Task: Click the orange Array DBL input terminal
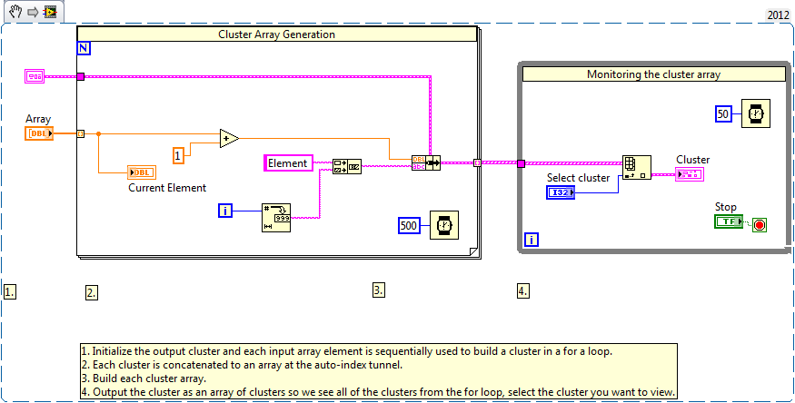point(39,133)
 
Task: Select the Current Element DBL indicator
point(142,172)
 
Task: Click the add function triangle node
point(229,138)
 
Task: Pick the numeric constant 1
point(179,155)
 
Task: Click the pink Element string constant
point(288,163)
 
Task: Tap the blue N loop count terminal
point(84,49)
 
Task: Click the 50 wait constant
point(724,113)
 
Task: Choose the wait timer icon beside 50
point(754,113)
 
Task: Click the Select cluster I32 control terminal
point(561,192)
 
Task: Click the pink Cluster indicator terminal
point(689,174)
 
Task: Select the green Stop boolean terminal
point(728,221)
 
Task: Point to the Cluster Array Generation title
point(276,34)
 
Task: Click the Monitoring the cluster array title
point(653,74)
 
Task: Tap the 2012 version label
point(778,15)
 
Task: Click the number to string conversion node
point(276,217)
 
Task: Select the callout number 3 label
point(379,290)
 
